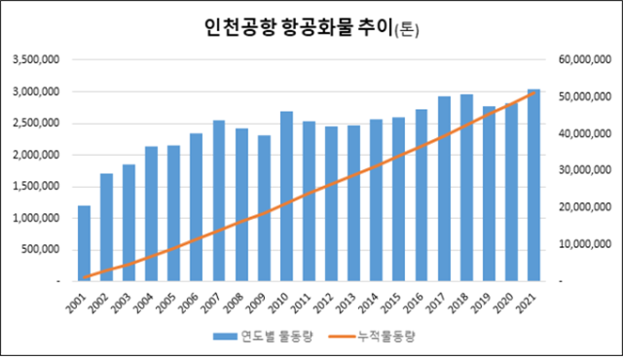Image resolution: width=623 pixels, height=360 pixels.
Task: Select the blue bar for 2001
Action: [85, 242]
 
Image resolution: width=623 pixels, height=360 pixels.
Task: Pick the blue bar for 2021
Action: [533, 185]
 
